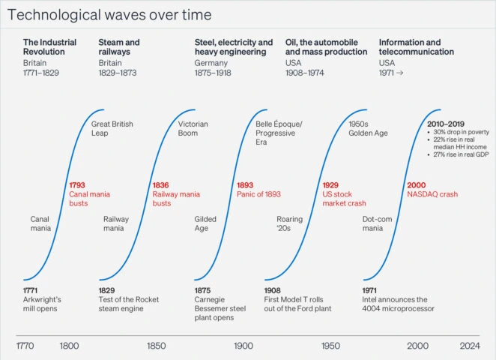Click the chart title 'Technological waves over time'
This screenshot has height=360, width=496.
(x=110, y=15)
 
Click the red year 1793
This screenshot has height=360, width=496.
(x=78, y=184)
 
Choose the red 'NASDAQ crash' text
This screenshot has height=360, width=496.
(x=432, y=194)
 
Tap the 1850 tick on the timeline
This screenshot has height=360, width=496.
(x=157, y=346)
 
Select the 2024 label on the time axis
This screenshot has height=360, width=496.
(x=470, y=346)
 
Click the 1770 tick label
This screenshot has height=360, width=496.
(x=25, y=346)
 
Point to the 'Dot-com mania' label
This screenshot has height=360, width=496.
(x=378, y=223)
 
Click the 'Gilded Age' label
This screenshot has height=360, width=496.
(x=205, y=223)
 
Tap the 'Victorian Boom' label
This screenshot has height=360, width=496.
(x=193, y=128)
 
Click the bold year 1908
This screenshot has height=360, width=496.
(x=273, y=289)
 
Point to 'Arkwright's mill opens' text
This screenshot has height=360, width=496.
(x=42, y=304)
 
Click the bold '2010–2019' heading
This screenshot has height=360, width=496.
(x=445, y=123)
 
